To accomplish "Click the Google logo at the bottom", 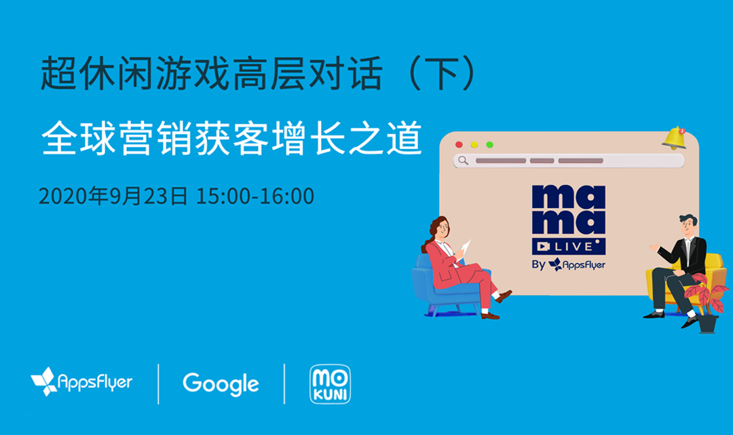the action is (221, 384).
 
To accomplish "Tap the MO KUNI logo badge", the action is (330, 384).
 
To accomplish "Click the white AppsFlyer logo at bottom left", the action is (81, 381).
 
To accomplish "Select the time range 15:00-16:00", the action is (255, 196).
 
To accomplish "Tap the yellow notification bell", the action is (674, 138).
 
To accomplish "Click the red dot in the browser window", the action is (459, 145).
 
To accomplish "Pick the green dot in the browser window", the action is (490, 145).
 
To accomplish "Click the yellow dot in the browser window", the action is (474, 145).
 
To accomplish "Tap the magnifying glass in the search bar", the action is (464, 160).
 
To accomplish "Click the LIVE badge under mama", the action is (569, 246).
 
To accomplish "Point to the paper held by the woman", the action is (466, 247).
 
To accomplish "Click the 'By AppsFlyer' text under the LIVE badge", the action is (569, 264).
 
